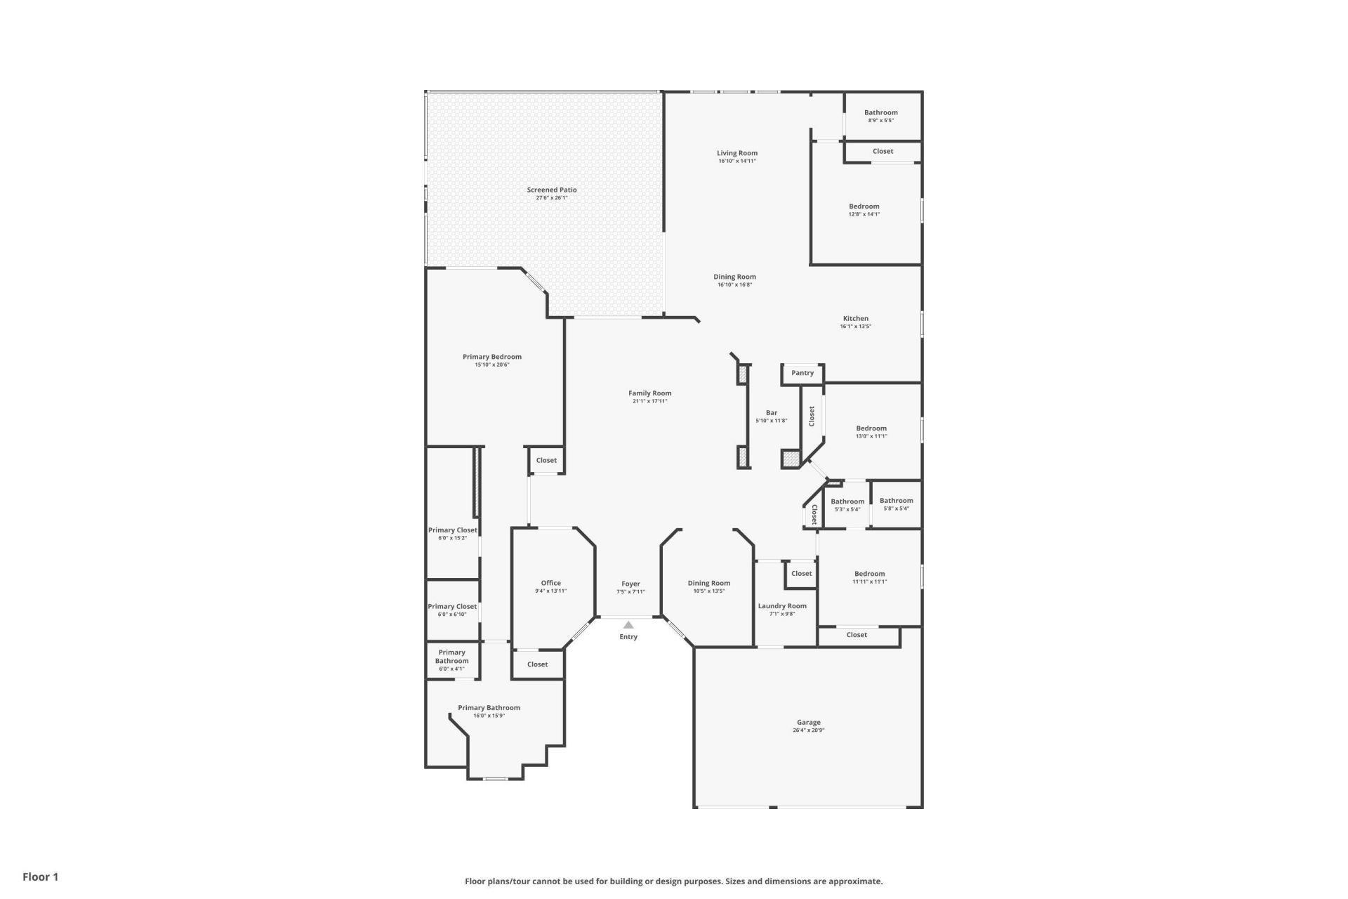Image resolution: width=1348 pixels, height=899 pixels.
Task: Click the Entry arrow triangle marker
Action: (628, 624)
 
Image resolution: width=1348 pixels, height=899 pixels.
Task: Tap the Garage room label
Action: (808, 722)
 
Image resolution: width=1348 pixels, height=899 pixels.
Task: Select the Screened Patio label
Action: (552, 190)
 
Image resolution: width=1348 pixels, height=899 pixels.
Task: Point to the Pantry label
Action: (802, 373)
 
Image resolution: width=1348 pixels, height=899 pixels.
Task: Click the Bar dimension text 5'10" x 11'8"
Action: (771, 421)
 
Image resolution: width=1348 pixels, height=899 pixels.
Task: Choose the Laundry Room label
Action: (782, 605)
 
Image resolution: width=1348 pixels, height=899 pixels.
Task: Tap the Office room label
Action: (550, 583)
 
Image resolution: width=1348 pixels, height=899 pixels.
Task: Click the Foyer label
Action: (630, 584)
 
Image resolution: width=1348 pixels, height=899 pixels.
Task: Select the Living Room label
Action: (736, 153)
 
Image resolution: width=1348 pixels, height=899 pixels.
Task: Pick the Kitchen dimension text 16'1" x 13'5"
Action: (855, 327)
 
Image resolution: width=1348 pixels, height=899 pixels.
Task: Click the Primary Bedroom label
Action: (491, 357)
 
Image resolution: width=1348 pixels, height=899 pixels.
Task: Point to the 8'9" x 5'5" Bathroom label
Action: (880, 112)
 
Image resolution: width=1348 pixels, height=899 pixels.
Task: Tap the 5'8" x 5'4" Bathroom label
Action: (896, 501)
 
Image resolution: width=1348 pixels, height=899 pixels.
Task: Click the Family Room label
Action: (649, 393)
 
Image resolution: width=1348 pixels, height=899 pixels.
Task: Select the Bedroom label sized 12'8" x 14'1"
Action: (864, 206)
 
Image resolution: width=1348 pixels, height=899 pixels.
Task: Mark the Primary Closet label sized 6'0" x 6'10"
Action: (452, 606)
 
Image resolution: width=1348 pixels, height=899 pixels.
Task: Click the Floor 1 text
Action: (40, 877)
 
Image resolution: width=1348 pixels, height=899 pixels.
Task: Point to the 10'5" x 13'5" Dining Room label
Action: (708, 583)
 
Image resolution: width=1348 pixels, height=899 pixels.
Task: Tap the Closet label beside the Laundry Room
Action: (801, 573)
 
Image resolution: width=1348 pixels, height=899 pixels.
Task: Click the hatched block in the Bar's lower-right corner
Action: (791, 459)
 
